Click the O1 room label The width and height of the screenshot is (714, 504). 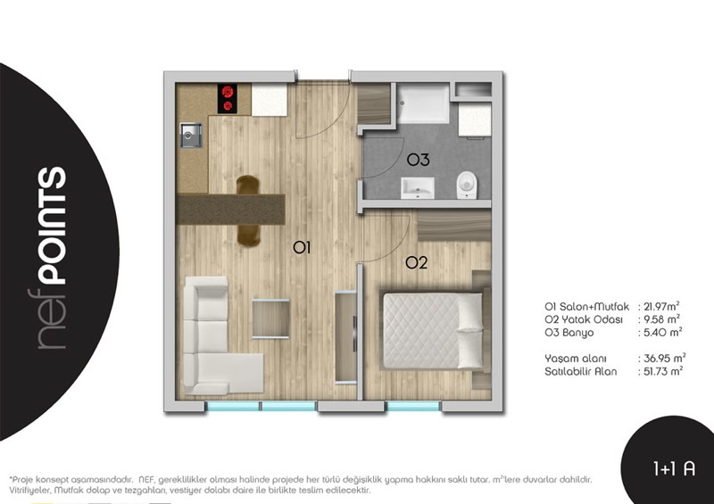coord(302,248)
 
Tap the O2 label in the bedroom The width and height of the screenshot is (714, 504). coord(416,262)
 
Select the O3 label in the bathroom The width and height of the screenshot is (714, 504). coord(418,160)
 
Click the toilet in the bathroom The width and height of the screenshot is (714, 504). coord(467,186)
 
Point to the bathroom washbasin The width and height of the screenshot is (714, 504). coord(418,188)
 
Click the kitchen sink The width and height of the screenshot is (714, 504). coord(192,136)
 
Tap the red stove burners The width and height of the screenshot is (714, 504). coord(228,99)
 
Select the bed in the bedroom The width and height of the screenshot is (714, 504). coord(433,331)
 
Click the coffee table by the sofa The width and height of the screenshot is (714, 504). coord(270,318)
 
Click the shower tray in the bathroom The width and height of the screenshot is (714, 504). coord(423,103)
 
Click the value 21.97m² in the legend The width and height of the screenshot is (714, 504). coord(661,306)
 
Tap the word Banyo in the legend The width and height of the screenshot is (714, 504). coord(577,333)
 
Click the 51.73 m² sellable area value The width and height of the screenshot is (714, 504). coord(663,371)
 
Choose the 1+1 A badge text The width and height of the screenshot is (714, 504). coord(675,468)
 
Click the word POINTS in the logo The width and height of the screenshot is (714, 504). coord(52,226)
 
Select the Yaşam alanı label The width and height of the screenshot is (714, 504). coord(575,359)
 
